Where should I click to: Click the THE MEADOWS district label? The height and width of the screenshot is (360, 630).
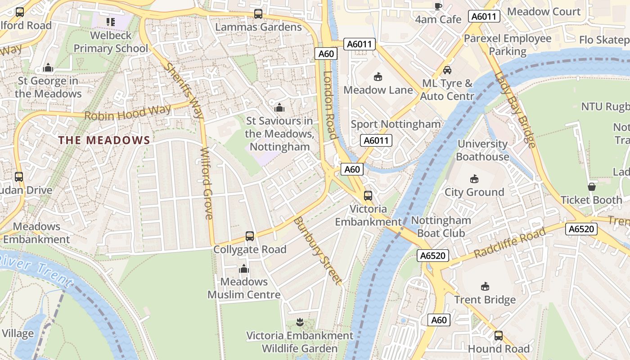[104, 140]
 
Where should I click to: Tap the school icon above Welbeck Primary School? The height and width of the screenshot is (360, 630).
[111, 22]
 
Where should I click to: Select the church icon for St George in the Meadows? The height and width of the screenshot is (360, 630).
[48, 68]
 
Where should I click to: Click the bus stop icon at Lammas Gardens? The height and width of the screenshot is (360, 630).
[258, 14]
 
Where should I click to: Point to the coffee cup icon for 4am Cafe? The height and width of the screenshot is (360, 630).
[438, 6]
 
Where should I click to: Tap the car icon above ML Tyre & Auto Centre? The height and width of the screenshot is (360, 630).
[447, 70]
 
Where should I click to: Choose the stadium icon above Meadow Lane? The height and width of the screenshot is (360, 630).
[378, 77]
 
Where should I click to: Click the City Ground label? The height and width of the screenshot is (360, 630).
[474, 192]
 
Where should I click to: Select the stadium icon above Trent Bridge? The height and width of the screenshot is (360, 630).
[485, 286]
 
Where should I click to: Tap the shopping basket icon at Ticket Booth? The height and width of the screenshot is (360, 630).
[591, 186]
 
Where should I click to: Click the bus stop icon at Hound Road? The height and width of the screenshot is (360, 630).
[499, 336]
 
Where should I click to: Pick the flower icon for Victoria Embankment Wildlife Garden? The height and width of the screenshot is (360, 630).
[300, 322]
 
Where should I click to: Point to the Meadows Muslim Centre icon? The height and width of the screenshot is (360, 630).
[244, 269]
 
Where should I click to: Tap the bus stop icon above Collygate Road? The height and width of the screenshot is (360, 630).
[249, 236]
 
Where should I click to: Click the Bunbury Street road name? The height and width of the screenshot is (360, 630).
[318, 250]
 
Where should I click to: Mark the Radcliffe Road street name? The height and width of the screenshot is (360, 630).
[509, 243]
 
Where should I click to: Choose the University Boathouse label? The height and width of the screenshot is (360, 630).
[482, 150]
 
